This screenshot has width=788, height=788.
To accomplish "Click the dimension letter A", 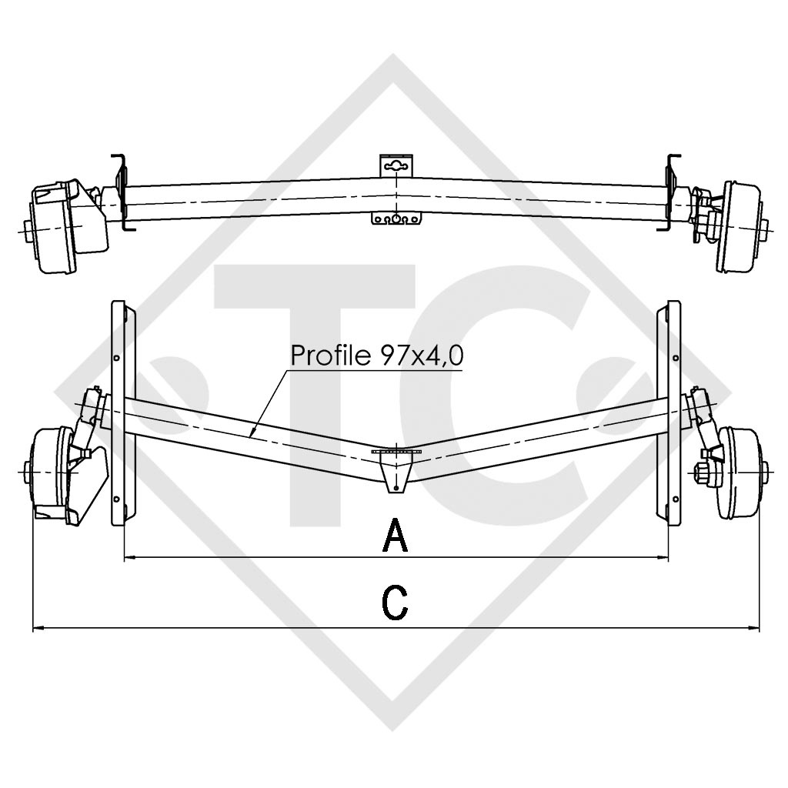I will tap(395, 535).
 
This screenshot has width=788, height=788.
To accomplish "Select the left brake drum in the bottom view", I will tap(52, 472).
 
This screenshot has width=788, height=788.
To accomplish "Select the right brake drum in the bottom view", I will tap(739, 472).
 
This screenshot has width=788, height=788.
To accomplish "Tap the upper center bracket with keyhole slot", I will tap(396, 165).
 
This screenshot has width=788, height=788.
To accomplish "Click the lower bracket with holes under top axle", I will tap(396, 219).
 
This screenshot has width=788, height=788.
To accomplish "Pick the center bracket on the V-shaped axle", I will tap(396, 469).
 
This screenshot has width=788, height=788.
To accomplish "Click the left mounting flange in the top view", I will tap(121, 191).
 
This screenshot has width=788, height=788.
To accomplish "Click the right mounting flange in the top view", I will tap(670, 191).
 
